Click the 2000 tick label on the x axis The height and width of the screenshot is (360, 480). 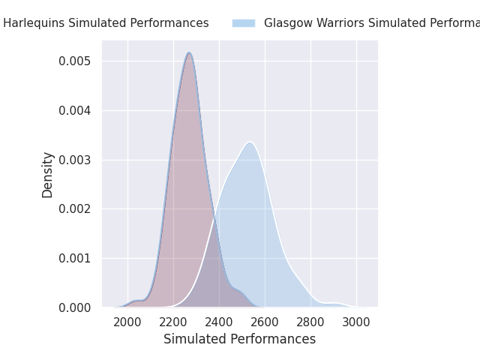tap(127, 322)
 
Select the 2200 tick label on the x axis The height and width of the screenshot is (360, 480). tap(173, 322)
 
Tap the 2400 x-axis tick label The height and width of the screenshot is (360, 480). tap(219, 322)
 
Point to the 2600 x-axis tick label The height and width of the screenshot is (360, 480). tap(265, 322)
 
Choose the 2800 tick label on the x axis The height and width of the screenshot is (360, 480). tap(310, 322)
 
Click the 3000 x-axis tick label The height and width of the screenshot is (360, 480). tap(356, 322)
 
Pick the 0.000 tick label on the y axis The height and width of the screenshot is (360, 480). tap(75, 307)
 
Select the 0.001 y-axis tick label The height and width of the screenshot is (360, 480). tap(75, 258)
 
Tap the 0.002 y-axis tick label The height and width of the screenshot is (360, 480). tap(75, 208)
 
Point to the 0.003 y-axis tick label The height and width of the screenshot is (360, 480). tap(75, 160)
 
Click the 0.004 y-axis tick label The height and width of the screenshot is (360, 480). tap(75, 110)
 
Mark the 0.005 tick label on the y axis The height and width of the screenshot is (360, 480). tap(75, 61)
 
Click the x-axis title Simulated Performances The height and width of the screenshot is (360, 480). tap(239, 339)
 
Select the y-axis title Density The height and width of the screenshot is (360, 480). tap(48, 175)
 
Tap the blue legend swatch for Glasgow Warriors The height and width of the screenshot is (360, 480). tap(244, 23)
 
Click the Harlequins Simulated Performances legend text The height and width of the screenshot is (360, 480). tap(106, 23)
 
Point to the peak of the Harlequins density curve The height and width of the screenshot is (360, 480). tap(190, 52)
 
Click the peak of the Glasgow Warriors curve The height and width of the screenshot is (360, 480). tap(250, 142)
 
